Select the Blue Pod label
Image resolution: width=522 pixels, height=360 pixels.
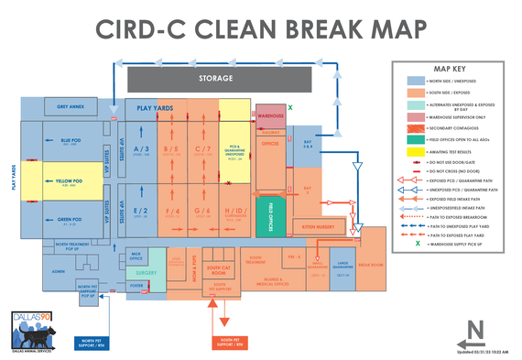click(71, 141)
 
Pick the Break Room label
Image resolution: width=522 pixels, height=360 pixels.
click(370, 265)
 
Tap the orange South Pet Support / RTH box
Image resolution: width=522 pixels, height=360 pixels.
click(227, 344)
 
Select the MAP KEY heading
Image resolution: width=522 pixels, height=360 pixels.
click(449, 69)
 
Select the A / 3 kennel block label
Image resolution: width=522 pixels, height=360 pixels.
click(141, 148)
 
